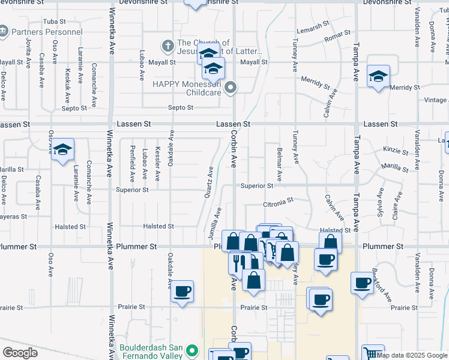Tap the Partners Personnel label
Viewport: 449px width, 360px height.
tap(47, 31)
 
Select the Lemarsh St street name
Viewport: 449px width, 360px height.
tap(313, 28)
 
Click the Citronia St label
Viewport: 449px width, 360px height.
tap(277, 202)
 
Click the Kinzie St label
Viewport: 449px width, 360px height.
tap(395, 149)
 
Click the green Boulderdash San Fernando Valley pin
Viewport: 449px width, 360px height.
tap(193, 350)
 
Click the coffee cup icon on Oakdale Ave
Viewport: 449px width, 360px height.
tap(182, 292)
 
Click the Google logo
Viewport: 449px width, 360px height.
tap(20, 353)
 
